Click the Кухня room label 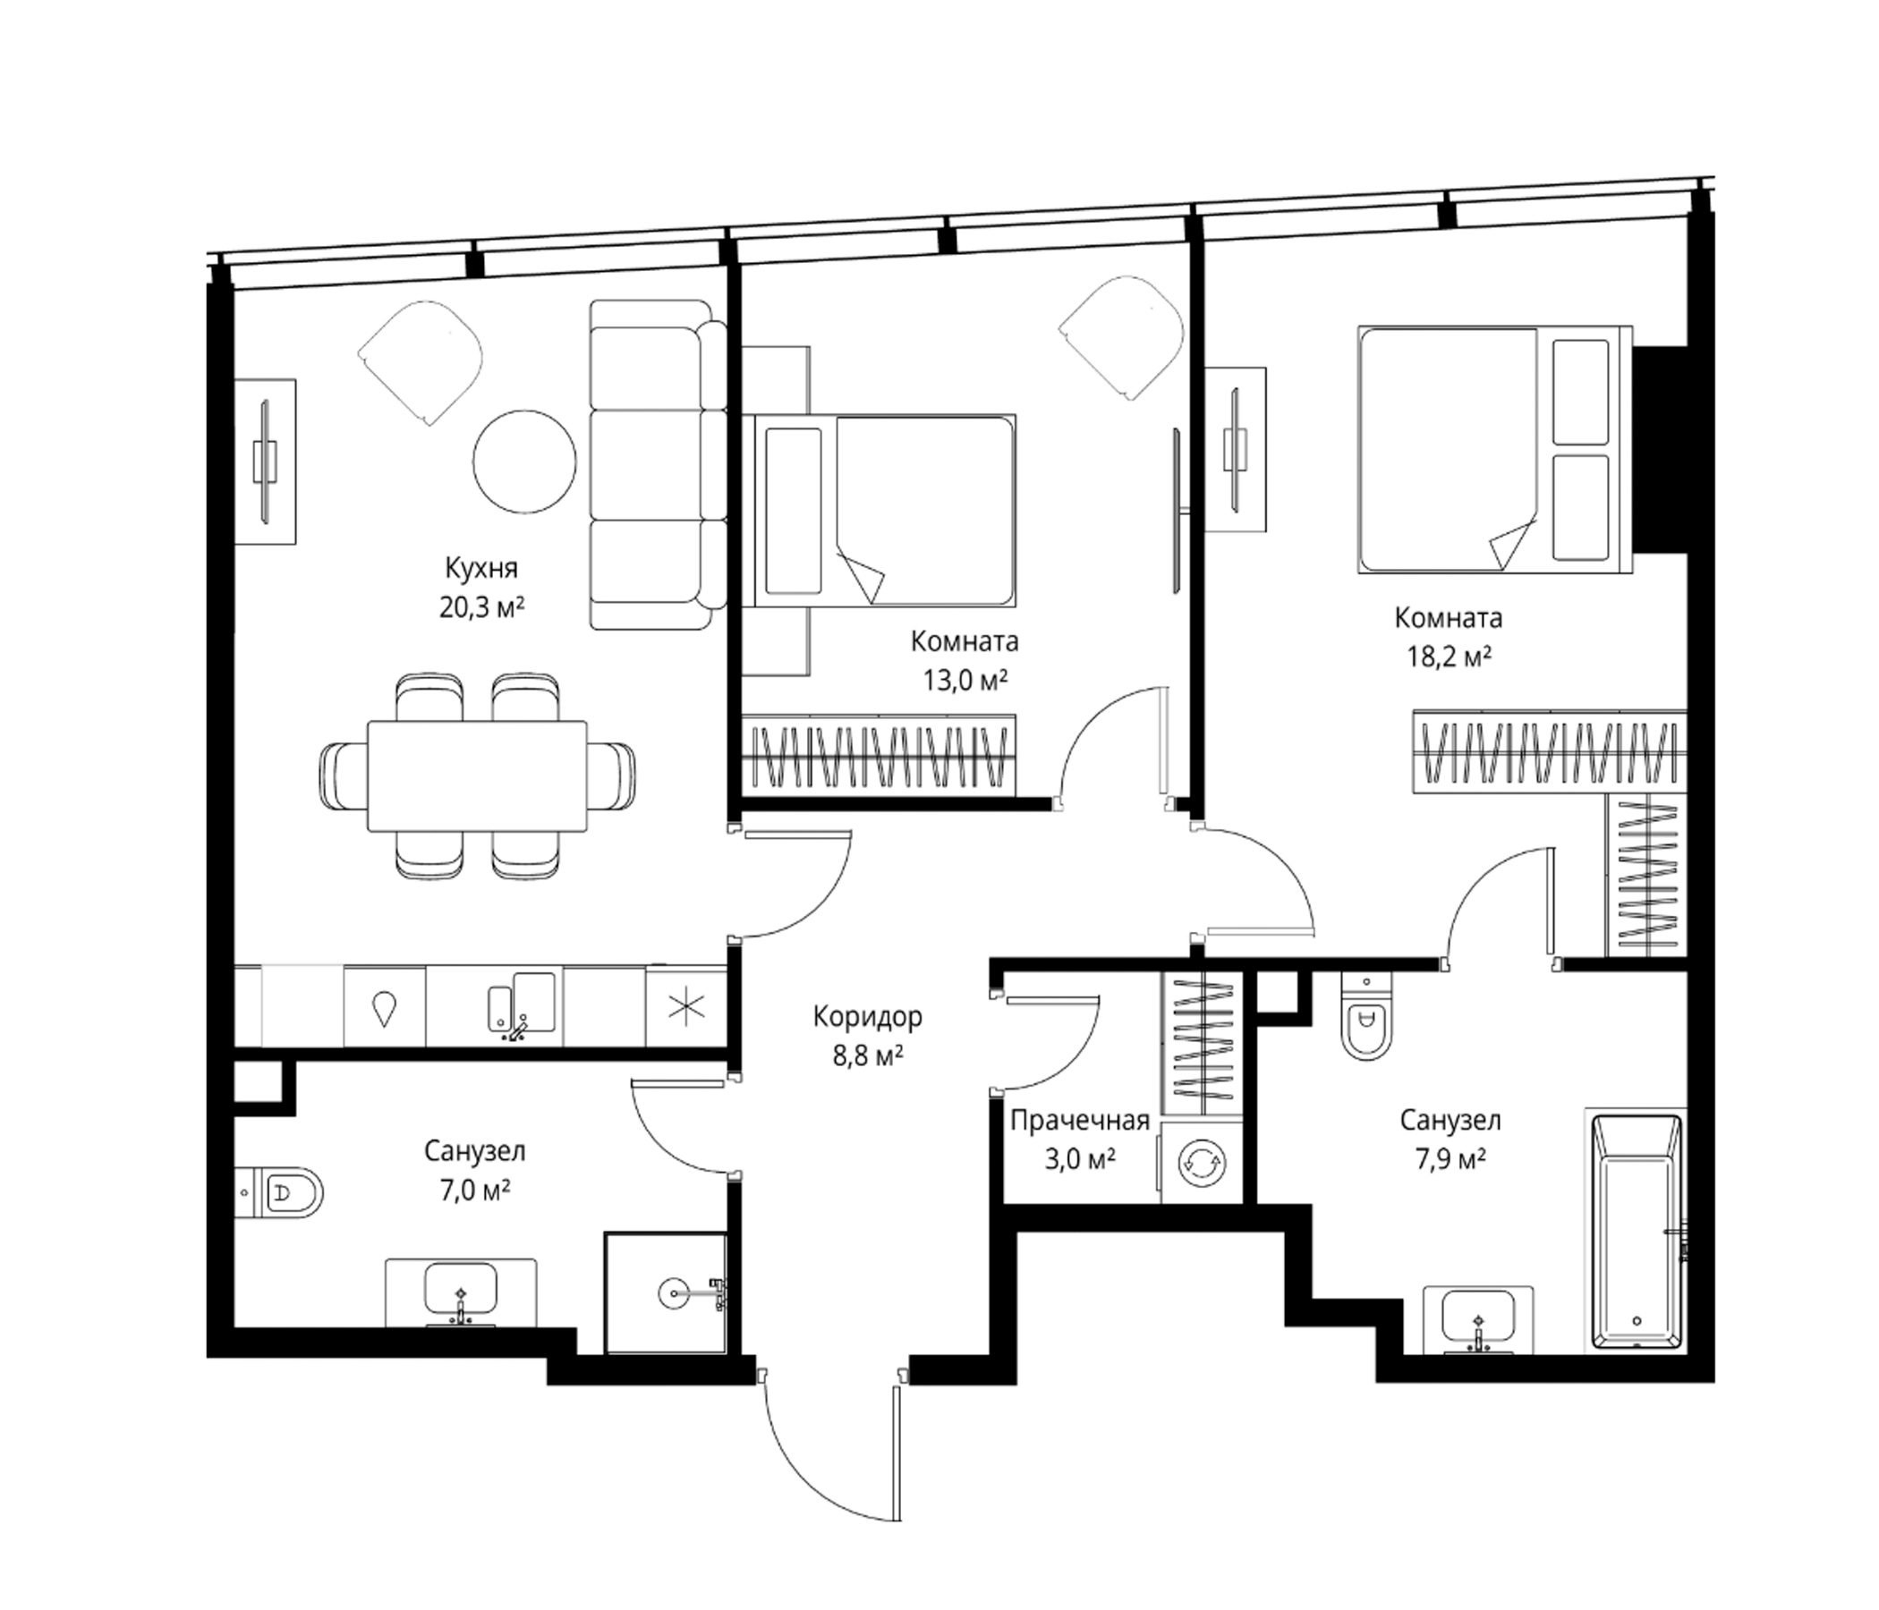click(481, 569)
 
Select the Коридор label click(867, 1017)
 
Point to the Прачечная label click(1079, 1122)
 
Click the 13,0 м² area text click(965, 680)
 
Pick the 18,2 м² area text click(1449, 657)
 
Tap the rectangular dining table click(477, 775)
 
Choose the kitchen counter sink click(522, 1002)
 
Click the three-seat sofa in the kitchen click(659, 465)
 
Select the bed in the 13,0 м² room click(880, 511)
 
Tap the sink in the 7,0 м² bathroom click(461, 1292)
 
